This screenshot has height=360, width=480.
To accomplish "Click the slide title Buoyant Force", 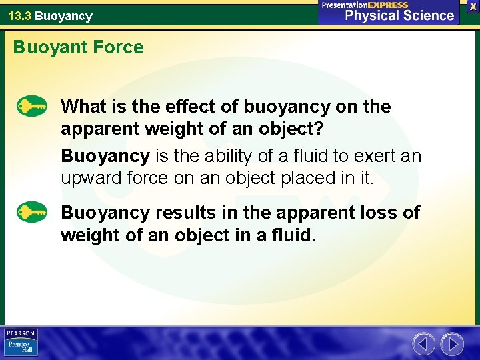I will click(78, 47).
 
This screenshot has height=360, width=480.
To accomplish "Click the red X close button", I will click(472, 5).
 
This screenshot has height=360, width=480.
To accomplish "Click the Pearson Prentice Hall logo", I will click(21, 342).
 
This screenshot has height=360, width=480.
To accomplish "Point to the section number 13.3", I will click(19, 15).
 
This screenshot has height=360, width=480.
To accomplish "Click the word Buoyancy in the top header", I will click(63, 15).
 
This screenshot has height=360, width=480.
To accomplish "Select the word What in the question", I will click(80, 107).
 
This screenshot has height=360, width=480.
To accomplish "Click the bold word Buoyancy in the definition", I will click(105, 156).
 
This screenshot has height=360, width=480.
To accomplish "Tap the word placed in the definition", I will click(295, 178).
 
